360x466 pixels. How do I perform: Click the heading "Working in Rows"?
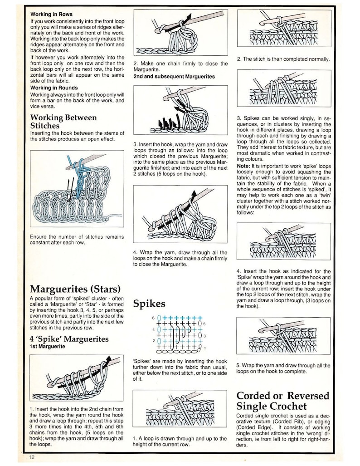(51, 14)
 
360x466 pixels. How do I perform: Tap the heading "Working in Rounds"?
(54, 88)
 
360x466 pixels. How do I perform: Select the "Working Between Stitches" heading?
(63, 121)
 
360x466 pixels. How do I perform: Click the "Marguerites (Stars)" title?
(75, 289)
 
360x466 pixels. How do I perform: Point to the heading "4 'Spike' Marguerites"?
(69, 339)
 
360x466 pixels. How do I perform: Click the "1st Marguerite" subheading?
(47, 346)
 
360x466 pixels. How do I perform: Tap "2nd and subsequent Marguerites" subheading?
(174, 76)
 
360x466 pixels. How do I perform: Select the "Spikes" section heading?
(149, 304)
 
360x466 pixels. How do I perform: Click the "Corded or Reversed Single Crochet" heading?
(283, 401)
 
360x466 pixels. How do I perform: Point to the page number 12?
(32, 457)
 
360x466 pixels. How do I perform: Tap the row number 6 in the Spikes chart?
(153, 318)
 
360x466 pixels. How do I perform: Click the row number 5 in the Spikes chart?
(204, 324)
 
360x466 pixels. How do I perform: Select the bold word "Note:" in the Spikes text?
(243, 166)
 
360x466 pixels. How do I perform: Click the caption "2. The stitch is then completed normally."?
(283, 59)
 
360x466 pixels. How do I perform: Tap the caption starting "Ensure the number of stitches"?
(77, 240)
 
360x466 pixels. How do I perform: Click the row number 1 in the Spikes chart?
(204, 348)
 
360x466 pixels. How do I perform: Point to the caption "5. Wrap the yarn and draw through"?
(283, 368)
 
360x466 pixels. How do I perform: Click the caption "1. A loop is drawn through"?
(180, 441)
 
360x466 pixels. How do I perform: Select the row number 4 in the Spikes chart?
(153, 329)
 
